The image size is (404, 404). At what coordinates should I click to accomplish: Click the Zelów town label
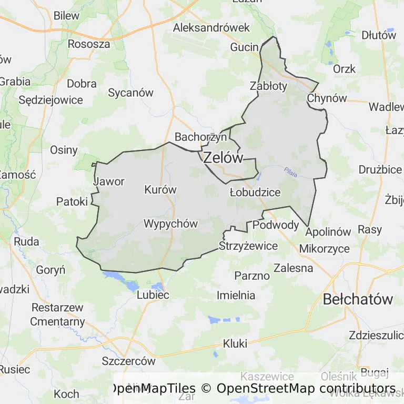[223, 157]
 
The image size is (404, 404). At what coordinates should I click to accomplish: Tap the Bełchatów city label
[358, 299]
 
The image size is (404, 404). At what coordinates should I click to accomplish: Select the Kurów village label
[160, 189]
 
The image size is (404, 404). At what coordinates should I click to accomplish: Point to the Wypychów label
[171, 224]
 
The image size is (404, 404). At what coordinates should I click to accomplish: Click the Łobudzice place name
[255, 192]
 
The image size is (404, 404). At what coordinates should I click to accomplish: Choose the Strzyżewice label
[248, 246]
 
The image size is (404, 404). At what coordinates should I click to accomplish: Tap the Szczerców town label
[129, 361]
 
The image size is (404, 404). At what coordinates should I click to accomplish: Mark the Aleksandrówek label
[211, 27]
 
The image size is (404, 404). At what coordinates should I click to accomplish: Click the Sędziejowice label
[50, 99]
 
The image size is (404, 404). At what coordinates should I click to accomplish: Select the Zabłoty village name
[269, 85]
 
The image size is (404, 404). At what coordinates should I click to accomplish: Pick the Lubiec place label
[153, 295]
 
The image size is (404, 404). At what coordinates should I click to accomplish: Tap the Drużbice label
[380, 169]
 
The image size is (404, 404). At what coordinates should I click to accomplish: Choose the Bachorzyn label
[201, 137]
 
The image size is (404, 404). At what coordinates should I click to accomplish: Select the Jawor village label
[109, 182]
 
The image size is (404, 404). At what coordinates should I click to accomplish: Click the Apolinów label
[328, 231]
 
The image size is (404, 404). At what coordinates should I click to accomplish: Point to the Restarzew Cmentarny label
[57, 315]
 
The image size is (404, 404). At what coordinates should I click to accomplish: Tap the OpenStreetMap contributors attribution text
[306, 389]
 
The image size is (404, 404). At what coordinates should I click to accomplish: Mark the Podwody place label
[276, 225]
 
